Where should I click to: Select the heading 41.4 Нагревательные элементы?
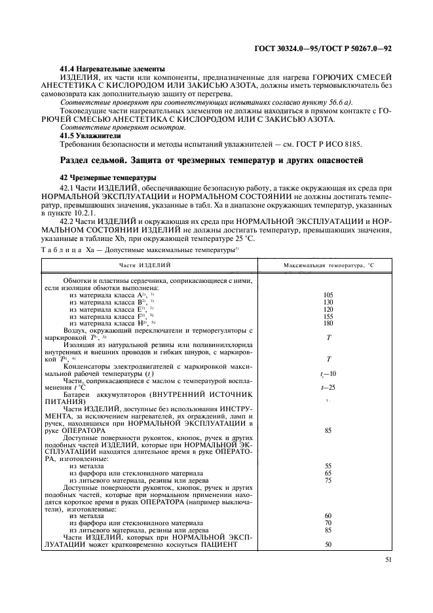pos(112,69)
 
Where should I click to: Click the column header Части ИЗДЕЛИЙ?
pos(149,264)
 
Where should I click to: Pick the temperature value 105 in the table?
pos(328,295)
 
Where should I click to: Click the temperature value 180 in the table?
pos(328,324)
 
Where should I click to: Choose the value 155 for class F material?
pos(328,316)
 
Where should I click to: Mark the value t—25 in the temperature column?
pos(328,388)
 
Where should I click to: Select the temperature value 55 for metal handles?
pos(328,466)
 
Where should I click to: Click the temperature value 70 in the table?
pos(328,522)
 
